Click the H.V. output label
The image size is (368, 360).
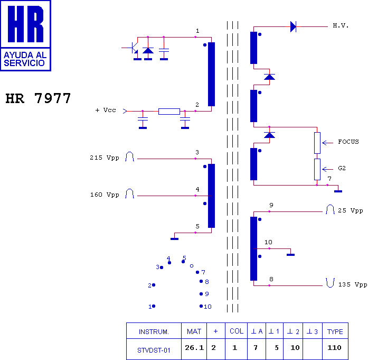(x=341, y=25)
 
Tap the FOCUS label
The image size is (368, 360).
(x=348, y=142)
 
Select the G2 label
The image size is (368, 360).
(x=342, y=168)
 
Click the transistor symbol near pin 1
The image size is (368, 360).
(x=133, y=48)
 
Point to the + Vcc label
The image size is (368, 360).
(x=106, y=110)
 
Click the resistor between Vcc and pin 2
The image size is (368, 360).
(x=169, y=112)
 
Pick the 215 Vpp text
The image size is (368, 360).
(x=105, y=158)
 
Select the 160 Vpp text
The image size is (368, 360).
(x=105, y=195)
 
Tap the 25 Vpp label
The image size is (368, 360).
(x=351, y=210)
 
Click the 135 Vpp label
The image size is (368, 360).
(x=353, y=284)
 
